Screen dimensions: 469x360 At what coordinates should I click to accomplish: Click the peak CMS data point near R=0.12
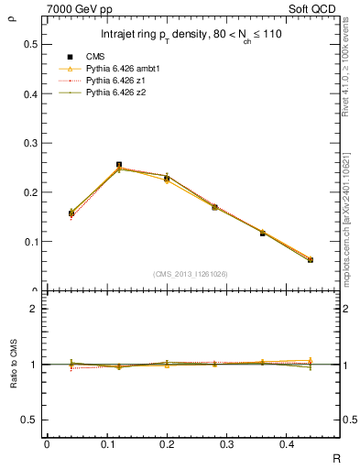pos(119,165)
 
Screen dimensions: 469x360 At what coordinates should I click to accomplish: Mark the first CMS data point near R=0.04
pos(71,213)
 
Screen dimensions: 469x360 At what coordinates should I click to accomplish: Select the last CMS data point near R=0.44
pos(310,260)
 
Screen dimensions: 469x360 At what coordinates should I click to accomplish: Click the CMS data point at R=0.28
pos(214,207)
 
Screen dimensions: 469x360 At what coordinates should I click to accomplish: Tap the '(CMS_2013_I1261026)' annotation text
pos(192,273)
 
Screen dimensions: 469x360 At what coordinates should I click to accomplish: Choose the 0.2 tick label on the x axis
pos(167,444)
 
